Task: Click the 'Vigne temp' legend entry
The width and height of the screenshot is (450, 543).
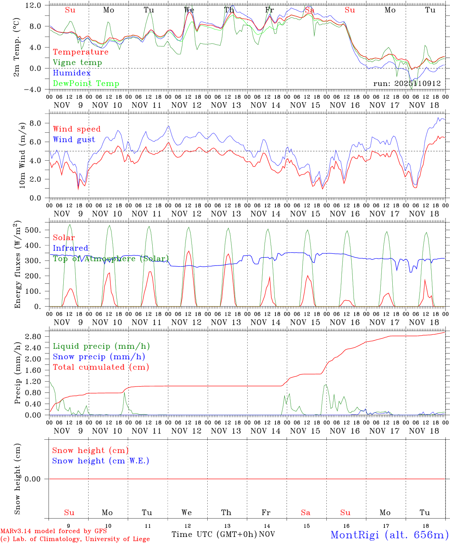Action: pos(77,63)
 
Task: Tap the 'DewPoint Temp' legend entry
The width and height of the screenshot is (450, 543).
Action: pos(86,84)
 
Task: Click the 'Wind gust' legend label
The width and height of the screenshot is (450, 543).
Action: pos(74,140)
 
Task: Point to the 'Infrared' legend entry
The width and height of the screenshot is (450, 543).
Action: pos(70,248)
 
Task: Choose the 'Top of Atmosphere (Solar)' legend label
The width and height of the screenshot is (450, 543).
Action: pos(111,259)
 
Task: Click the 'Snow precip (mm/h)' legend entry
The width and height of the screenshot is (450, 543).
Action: pos(99,357)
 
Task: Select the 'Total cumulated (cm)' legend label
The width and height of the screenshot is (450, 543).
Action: pos(101,367)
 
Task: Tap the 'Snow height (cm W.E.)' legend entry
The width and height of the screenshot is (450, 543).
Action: pos(101,461)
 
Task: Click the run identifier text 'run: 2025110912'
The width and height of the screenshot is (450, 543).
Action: pos(407,84)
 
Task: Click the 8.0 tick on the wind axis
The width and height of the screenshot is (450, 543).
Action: pos(35,123)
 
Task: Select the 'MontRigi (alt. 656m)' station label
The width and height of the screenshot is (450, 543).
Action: pos(389,534)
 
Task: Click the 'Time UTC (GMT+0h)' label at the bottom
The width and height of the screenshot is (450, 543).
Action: pos(214,534)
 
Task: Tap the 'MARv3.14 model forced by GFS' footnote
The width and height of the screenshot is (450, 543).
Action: pos(54,531)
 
